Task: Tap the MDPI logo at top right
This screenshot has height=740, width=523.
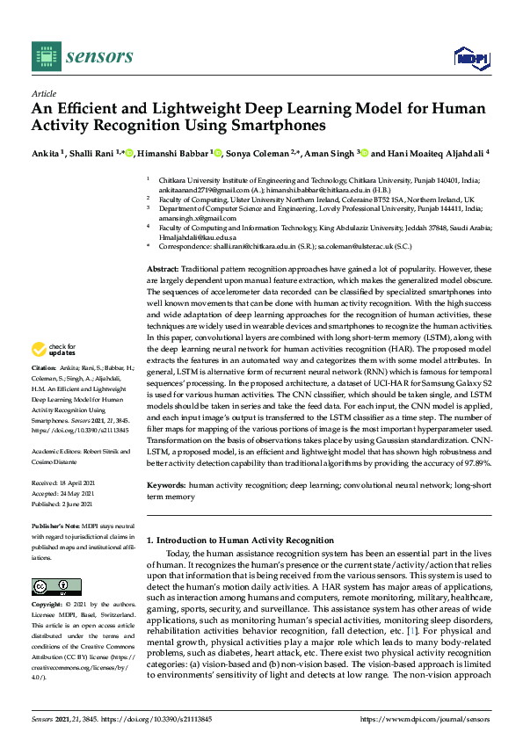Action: pyautogui.click(x=471, y=58)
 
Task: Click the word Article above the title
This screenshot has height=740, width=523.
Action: pyautogui.click(x=43, y=93)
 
